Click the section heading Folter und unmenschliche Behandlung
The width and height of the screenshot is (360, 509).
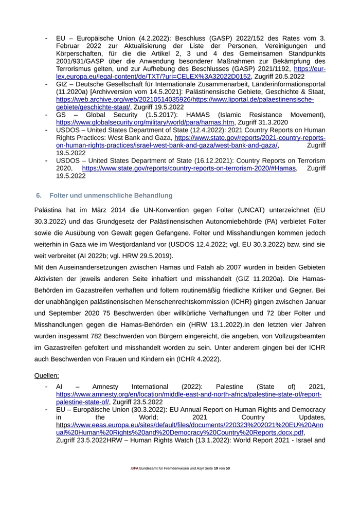click(x=111, y=196)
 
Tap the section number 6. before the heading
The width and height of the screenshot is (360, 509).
click(x=39, y=196)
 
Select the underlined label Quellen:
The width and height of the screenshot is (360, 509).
click(x=47, y=375)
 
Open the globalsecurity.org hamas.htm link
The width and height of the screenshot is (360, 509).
click(x=146, y=122)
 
